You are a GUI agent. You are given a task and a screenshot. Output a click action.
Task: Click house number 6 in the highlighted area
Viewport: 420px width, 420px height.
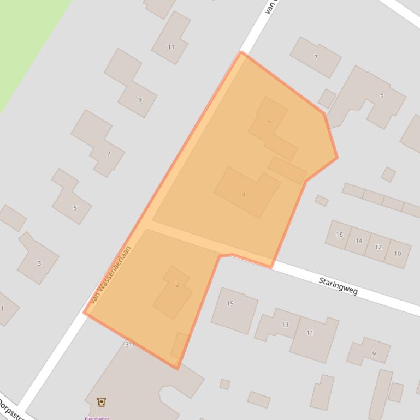(x=269, y=121)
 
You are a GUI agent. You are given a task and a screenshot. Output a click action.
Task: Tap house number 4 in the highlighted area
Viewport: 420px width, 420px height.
(x=244, y=195)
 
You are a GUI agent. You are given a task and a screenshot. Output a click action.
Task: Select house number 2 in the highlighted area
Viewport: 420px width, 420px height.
(x=177, y=285)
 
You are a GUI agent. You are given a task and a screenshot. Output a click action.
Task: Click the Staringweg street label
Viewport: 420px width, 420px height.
(x=338, y=286)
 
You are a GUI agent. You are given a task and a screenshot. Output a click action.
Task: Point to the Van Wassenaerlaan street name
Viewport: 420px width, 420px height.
(x=111, y=275)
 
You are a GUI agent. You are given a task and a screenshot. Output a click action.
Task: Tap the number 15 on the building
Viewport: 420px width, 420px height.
(x=230, y=304)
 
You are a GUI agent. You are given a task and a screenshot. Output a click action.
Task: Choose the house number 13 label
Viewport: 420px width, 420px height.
(x=285, y=325)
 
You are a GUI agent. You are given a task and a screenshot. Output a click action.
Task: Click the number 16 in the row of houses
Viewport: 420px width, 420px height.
(x=339, y=235)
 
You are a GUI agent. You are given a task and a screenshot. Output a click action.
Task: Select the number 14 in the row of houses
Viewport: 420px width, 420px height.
(x=359, y=241)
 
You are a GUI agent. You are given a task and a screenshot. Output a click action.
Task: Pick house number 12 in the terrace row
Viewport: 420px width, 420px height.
(x=378, y=247)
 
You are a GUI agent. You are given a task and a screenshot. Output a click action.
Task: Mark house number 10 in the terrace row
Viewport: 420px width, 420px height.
(x=397, y=253)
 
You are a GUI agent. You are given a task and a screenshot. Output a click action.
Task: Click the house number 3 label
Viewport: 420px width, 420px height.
(x=39, y=263)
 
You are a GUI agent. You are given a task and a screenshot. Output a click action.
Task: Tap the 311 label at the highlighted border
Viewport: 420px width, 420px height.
(x=129, y=344)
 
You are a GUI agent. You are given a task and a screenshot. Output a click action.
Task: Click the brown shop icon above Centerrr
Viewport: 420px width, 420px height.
(x=101, y=402)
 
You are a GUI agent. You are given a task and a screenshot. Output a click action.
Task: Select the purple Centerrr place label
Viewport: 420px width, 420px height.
(x=97, y=418)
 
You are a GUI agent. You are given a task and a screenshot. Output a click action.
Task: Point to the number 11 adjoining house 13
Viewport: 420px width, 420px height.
(x=310, y=333)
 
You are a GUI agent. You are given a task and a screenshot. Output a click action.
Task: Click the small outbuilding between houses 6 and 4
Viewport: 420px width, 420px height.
(x=287, y=170)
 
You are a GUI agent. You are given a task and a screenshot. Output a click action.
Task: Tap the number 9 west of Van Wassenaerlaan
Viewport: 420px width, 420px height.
(x=140, y=100)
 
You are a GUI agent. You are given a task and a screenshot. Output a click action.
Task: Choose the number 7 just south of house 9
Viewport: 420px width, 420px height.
(x=108, y=154)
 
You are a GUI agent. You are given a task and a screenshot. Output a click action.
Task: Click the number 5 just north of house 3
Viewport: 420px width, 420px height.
(x=75, y=208)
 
